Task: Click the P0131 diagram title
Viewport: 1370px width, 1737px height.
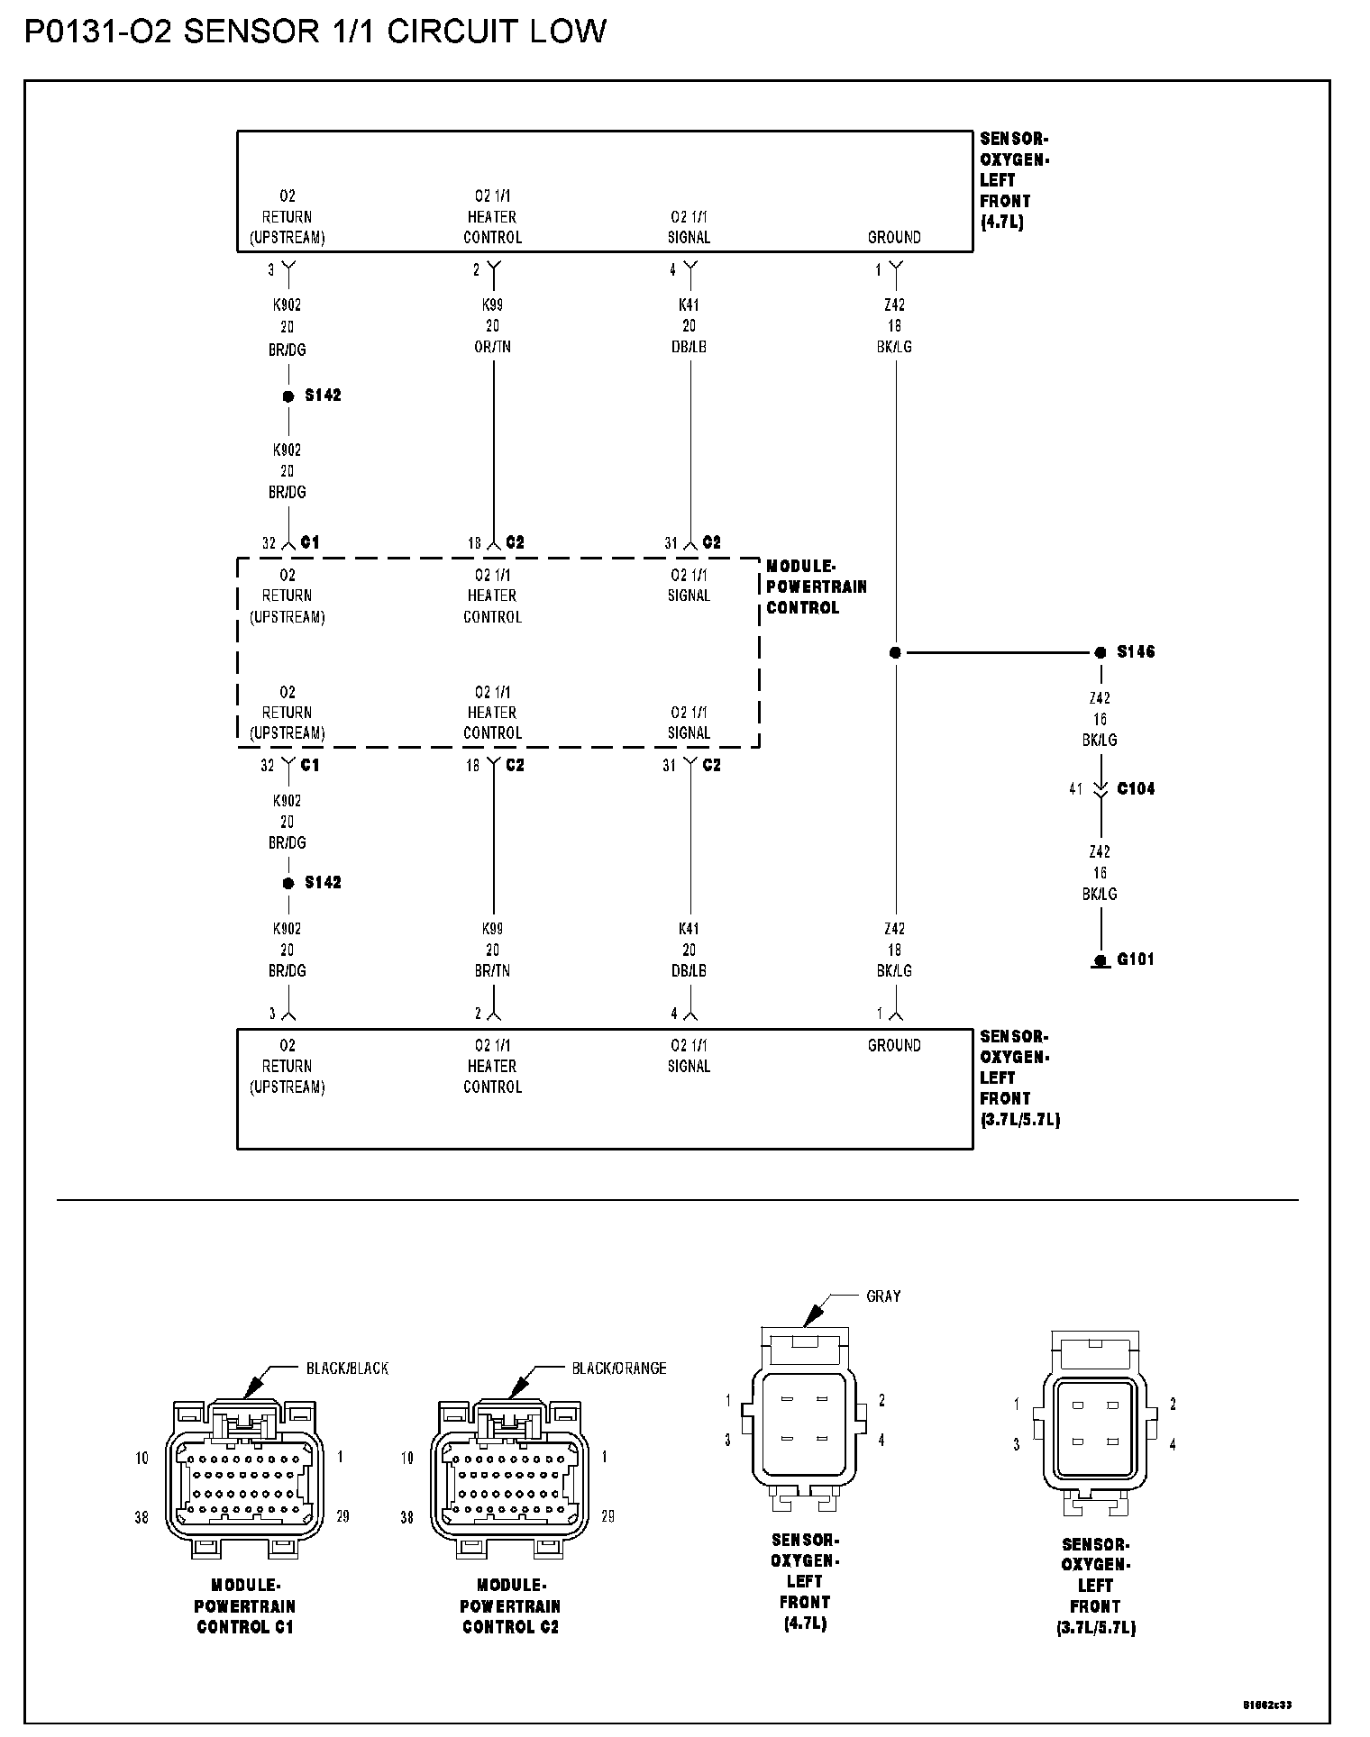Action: tap(315, 32)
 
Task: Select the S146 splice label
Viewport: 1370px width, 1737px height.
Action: tap(1136, 651)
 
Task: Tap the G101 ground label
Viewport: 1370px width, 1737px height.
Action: tap(1136, 959)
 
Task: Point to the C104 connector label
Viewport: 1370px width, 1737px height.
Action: tap(1136, 789)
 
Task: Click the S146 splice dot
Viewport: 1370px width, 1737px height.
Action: tap(1100, 652)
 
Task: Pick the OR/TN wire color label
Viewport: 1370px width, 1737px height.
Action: tap(492, 347)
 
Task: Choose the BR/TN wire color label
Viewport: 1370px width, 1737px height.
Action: tap(492, 971)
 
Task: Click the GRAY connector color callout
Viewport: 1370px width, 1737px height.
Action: tap(883, 1296)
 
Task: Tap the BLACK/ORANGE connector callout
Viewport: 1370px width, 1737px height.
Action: tap(619, 1369)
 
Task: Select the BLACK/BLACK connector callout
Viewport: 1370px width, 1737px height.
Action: tap(347, 1369)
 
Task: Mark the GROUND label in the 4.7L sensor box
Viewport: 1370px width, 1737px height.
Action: tap(894, 238)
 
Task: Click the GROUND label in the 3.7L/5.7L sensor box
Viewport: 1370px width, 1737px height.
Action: tap(894, 1046)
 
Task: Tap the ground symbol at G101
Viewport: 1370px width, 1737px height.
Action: tap(1100, 962)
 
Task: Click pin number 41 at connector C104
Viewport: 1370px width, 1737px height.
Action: tap(1075, 789)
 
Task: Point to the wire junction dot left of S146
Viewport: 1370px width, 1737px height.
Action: tap(895, 652)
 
